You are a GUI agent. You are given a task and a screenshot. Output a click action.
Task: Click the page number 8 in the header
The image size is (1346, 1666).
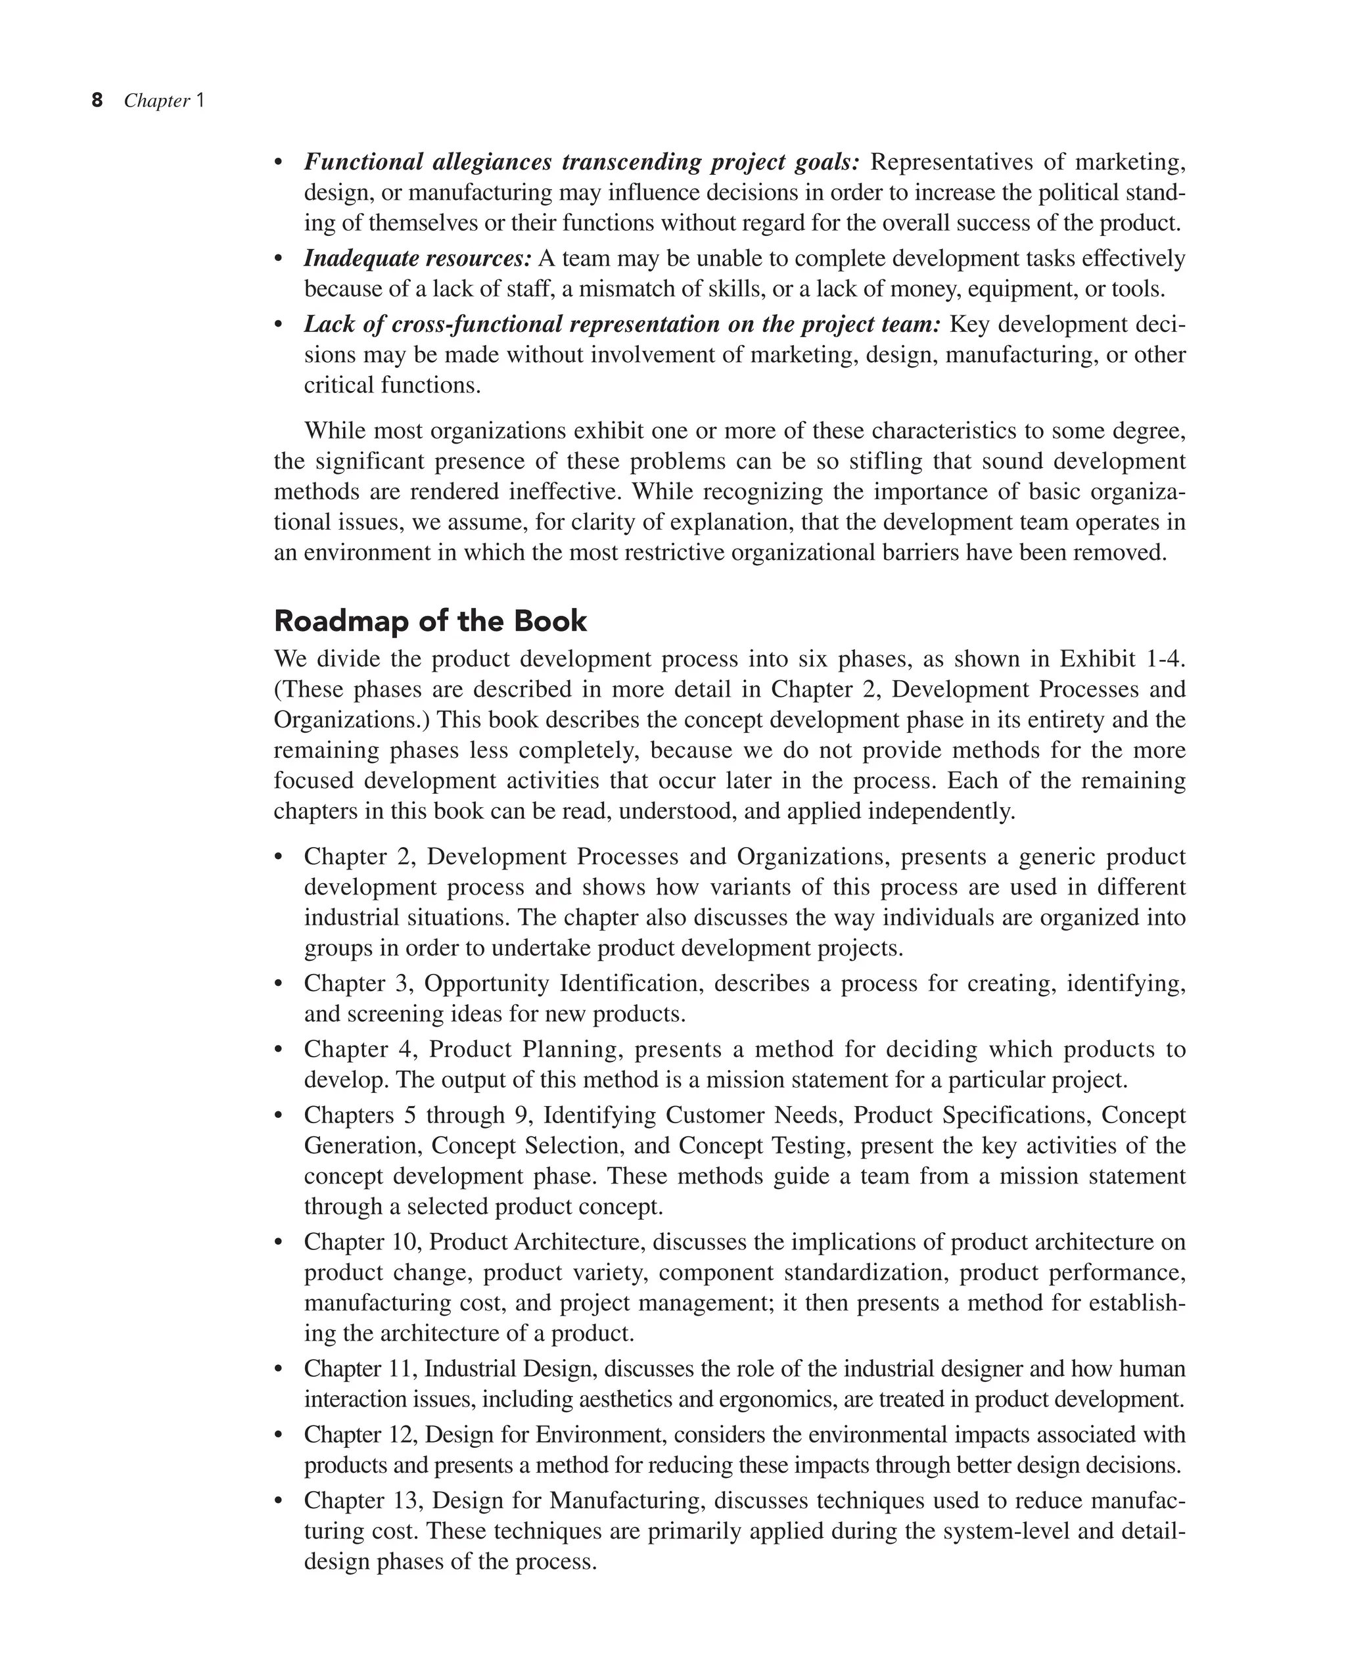click(97, 101)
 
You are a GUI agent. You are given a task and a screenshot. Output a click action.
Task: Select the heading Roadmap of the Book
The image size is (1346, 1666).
click(430, 621)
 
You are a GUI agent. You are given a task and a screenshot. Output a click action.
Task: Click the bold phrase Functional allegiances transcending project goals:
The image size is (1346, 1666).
click(582, 162)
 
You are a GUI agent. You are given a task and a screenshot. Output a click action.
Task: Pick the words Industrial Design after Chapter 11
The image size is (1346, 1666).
click(508, 1368)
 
